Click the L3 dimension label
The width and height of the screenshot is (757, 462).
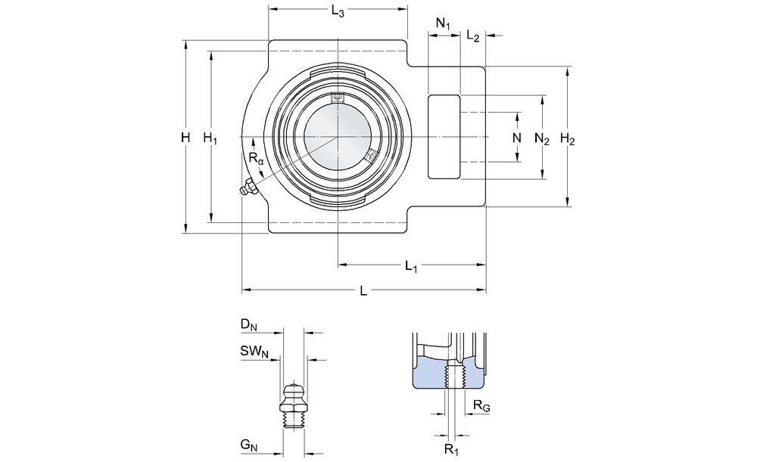click(x=338, y=13)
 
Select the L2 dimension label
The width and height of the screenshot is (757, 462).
click(x=473, y=36)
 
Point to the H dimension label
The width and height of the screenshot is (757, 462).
click(x=185, y=138)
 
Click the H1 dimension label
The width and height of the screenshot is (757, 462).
click(x=210, y=138)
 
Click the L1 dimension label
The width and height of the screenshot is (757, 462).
click(x=411, y=266)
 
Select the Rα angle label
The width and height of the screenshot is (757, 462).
click(x=257, y=159)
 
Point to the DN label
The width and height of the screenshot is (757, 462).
click(x=249, y=325)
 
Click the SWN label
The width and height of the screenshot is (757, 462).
click(x=254, y=351)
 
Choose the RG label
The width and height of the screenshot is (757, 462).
click(x=481, y=407)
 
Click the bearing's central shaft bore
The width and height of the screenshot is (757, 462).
click(x=338, y=137)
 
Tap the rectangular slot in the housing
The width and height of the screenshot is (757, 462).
click(x=444, y=137)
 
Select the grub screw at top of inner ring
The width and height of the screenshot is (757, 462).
click(x=338, y=98)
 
